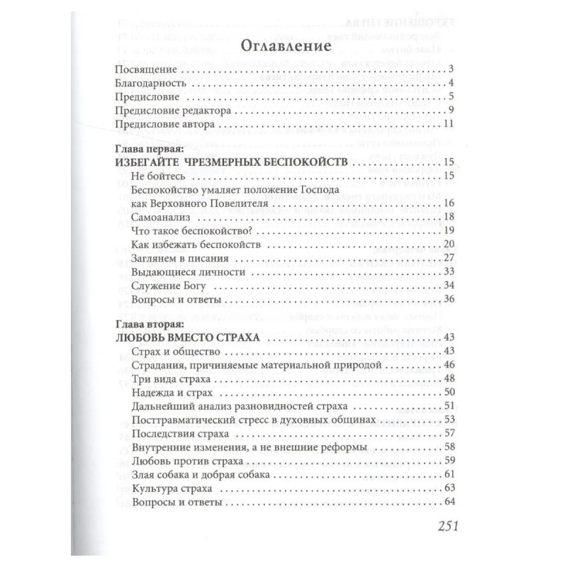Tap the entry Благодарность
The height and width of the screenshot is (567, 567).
[x=150, y=83]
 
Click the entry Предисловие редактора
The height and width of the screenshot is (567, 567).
[x=169, y=111]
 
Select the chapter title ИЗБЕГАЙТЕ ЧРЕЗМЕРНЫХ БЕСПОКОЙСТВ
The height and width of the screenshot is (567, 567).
[x=230, y=162]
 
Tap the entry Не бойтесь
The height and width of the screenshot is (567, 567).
[x=158, y=176]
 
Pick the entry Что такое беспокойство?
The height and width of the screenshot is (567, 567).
[x=193, y=231]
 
